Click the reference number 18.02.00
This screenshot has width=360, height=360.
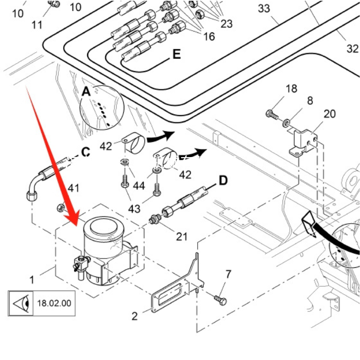54,303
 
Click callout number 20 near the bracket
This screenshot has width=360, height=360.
329,114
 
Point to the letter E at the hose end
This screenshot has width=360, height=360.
176,54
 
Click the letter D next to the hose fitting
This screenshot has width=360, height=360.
223,181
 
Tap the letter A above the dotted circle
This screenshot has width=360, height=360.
86,92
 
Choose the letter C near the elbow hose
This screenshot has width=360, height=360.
85,153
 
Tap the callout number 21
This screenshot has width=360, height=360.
181,236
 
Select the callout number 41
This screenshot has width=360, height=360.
73,188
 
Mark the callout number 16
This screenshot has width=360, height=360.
209,36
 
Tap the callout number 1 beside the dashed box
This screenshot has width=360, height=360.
32,280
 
